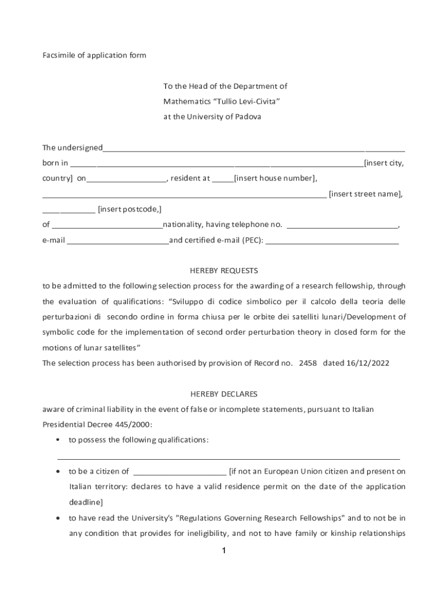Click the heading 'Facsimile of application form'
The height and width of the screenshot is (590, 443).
[x=94, y=55]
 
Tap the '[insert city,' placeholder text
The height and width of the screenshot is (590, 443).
[x=384, y=163]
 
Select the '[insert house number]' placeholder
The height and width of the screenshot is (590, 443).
[x=275, y=178]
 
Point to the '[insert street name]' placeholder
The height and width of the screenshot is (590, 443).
[x=365, y=194]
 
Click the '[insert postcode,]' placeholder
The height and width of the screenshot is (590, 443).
[x=129, y=209]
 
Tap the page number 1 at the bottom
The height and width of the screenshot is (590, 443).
[x=224, y=551]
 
